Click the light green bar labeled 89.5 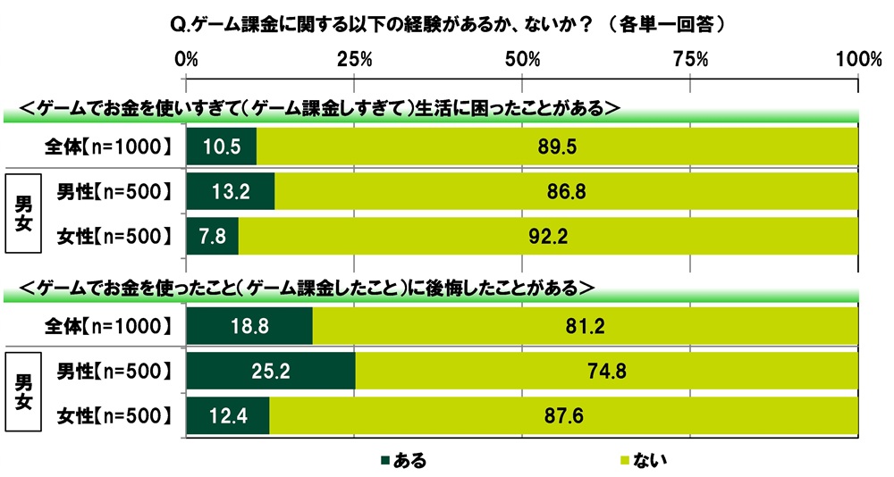(556, 146)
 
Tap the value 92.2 (546, 237)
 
